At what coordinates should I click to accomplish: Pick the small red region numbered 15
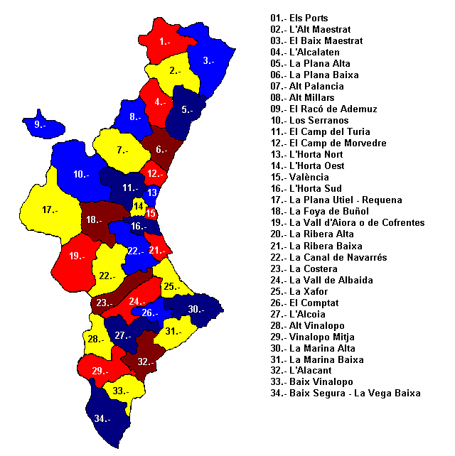(151, 212)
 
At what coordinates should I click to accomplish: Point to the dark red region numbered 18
(94, 221)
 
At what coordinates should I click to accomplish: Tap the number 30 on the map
(196, 309)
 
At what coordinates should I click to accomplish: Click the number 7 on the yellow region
(122, 150)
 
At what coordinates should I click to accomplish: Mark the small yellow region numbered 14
(138, 205)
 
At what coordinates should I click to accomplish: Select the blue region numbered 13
(151, 192)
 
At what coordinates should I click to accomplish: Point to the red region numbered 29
(100, 369)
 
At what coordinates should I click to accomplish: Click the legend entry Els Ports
(299, 18)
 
